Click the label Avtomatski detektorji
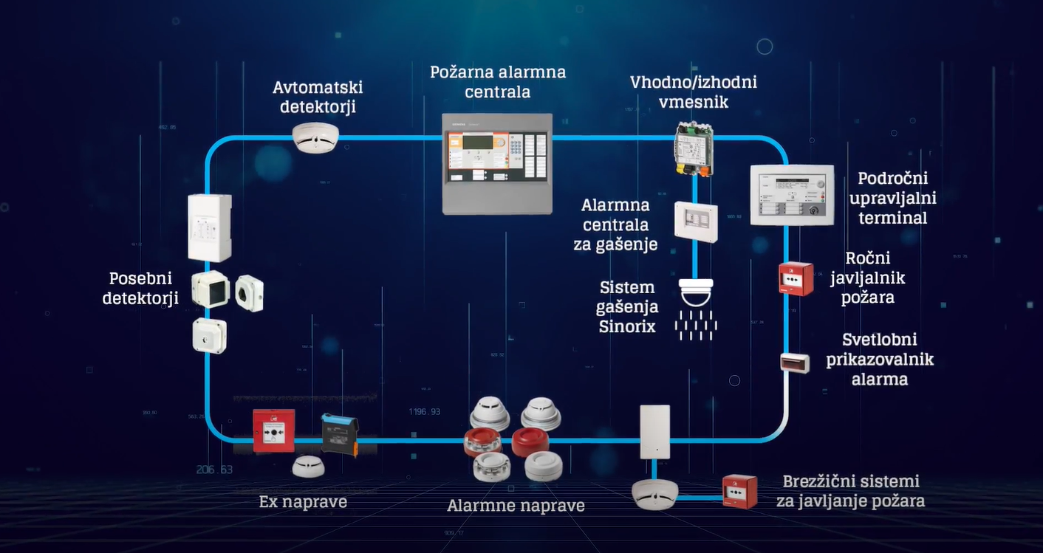point(318,97)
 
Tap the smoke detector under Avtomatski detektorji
point(315,137)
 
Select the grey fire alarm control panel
point(497,164)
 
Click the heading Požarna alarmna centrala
point(498,82)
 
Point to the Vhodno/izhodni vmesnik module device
point(693,150)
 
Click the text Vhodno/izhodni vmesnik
point(693,92)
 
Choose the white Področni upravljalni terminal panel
point(791,195)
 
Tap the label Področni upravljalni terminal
point(892,198)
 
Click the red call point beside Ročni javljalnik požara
point(796,278)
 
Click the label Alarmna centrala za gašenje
point(615,224)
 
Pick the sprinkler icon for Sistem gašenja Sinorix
point(697,308)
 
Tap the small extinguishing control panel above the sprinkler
point(696,221)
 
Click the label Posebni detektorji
point(140,288)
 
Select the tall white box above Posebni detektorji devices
point(210,228)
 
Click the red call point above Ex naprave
point(273,430)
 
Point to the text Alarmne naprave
point(516,506)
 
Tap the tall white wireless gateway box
point(654,432)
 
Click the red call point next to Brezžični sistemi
point(739,491)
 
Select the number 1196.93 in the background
point(425,411)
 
